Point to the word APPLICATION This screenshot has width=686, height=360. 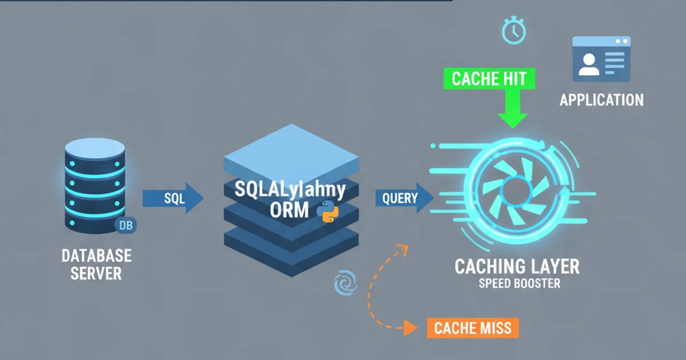click(601, 101)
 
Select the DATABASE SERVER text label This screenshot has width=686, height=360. click(96, 263)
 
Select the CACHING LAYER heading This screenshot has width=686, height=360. click(517, 266)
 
